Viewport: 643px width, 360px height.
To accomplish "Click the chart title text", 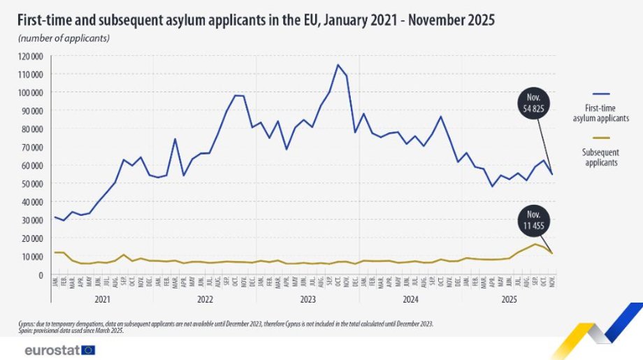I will pos(256,20).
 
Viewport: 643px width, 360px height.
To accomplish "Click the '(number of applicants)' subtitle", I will pos(64,38).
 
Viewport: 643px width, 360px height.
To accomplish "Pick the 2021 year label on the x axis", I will pos(103,299).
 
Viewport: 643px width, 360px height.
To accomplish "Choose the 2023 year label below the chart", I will pos(308,299).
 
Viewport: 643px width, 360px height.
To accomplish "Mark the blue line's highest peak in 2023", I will pos(338,65).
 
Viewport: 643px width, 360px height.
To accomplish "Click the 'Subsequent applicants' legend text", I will pos(600,157).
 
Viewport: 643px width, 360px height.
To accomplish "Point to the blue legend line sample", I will pos(600,94).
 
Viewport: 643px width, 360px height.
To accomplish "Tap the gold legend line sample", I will pos(600,138).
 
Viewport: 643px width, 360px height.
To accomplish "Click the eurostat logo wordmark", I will pos(51,350).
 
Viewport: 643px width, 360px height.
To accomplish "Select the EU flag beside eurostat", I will pos(88,350).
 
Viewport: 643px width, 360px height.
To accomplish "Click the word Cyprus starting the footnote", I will pos(27,324).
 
